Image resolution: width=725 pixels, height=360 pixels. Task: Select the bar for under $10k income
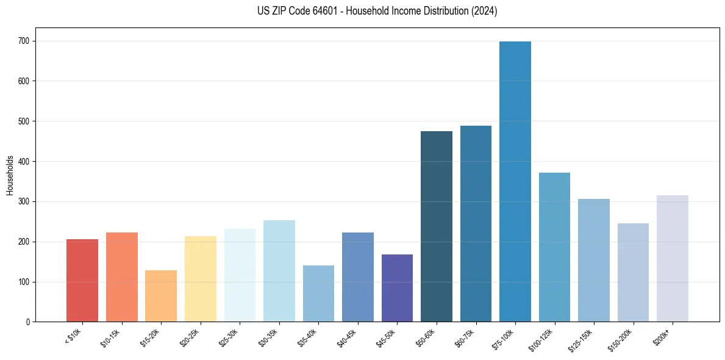tap(82, 281)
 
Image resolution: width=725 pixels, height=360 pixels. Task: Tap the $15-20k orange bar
tap(161, 296)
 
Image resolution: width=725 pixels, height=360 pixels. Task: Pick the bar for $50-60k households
tap(437, 226)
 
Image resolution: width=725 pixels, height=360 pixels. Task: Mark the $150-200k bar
tap(633, 273)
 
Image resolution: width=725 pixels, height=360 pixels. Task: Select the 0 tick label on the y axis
tap(28, 322)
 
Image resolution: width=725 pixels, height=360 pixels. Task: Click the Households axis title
tap(10, 175)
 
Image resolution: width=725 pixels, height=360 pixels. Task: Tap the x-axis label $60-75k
tap(465, 337)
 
